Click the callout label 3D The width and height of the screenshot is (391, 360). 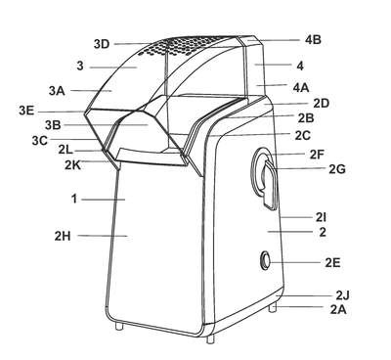point(102,44)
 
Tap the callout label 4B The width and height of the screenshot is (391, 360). point(313,40)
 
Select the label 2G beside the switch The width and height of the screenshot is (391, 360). point(337,169)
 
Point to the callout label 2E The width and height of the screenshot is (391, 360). point(332,262)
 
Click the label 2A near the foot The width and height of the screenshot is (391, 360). point(338,309)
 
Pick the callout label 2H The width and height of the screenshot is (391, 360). point(63,236)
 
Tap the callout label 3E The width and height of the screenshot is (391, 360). point(26,111)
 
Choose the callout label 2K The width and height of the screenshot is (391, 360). point(72,165)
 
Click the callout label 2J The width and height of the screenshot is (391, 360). point(342,295)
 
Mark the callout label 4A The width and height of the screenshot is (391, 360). point(301,87)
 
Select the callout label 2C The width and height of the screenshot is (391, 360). point(303,135)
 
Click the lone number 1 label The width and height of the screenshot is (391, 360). point(74,199)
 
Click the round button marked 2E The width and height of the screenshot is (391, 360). point(265,260)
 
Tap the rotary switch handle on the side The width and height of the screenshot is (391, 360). point(269,183)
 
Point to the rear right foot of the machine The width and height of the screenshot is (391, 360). point(273,307)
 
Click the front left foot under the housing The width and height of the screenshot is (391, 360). point(119,326)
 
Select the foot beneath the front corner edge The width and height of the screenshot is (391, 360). point(211,337)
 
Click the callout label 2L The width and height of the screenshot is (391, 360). point(66,150)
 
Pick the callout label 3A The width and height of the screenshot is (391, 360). point(57,91)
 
